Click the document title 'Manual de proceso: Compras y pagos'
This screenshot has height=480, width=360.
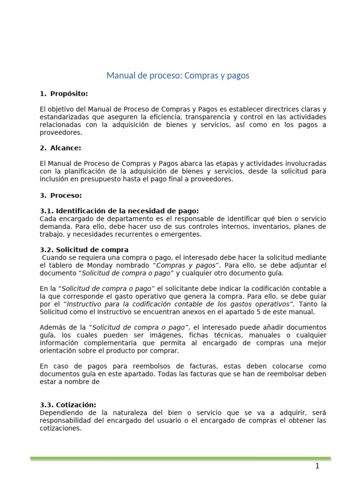pyautogui.click(x=178, y=75)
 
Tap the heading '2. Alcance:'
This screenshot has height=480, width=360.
pyautogui.click(x=61, y=148)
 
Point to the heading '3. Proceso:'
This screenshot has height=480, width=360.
pyautogui.click(x=61, y=195)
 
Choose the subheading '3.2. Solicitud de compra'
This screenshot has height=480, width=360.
pyautogui.click(x=84, y=250)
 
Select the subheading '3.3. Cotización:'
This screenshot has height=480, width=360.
pyautogui.click(x=68, y=405)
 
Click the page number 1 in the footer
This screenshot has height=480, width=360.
pyautogui.click(x=317, y=466)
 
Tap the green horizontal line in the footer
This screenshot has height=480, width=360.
pyautogui.click(x=180, y=457)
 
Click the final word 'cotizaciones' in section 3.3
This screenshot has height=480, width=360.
pyautogui.click(x=61, y=428)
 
